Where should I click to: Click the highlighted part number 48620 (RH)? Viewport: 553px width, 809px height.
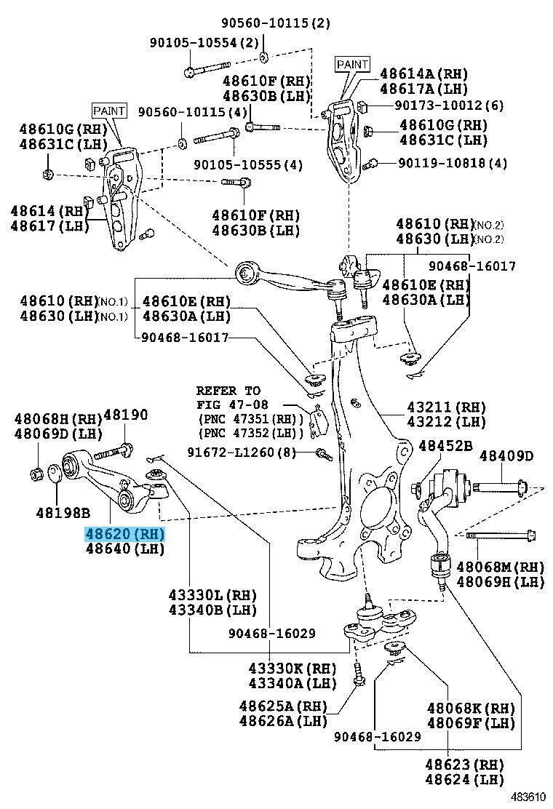(x=125, y=535)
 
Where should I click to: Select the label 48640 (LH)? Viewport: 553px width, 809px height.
(x=125, y=550)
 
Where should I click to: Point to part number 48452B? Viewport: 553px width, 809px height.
(x=445, y=446)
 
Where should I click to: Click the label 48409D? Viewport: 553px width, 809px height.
(x=506, y=456)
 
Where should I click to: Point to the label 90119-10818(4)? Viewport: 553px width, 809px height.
(x=452, y=163)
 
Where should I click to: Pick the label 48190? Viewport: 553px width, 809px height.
(x=125, y=415)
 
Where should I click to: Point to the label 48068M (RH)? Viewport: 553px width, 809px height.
(x=500, y=567)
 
